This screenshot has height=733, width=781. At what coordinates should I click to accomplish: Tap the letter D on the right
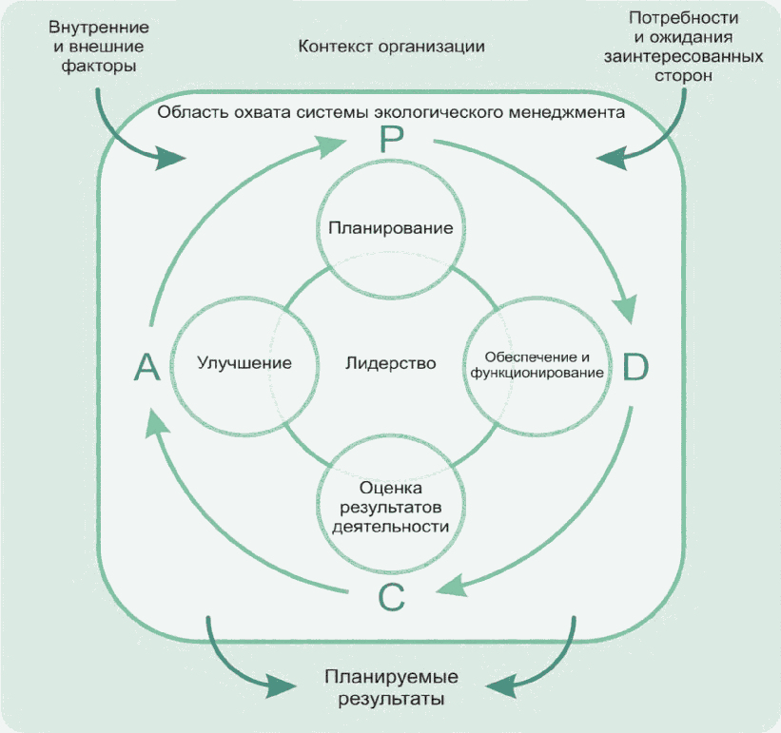pos(635,367)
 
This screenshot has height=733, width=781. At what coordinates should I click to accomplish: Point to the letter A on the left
pos(146,367)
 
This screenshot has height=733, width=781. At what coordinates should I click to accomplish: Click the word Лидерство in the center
pos(390,363)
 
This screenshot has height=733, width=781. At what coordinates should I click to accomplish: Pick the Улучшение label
pos(244,363)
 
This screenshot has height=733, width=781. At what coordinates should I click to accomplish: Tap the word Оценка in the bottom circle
pos(391,487)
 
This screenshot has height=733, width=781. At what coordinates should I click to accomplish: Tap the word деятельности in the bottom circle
pos(391,524)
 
